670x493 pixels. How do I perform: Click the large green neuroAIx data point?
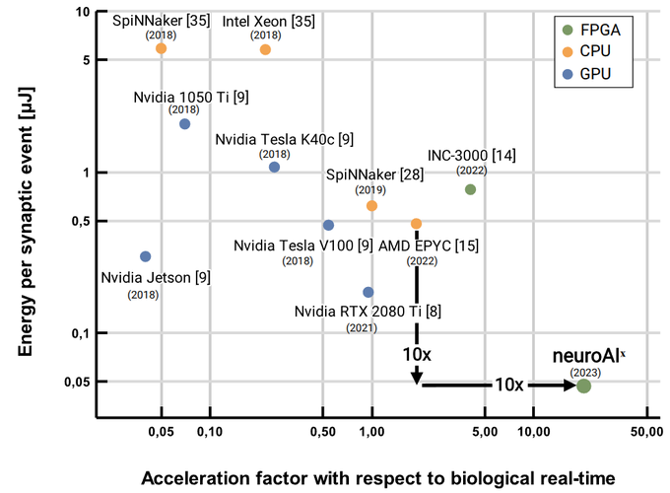point(583,386)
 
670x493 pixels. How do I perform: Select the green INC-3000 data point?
point(470,189)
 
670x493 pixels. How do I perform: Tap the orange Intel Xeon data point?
point(265,49)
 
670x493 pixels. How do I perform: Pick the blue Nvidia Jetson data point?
point(146,256)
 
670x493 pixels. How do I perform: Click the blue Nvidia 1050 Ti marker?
point(184,124)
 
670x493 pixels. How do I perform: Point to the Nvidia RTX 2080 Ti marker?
point(368,292)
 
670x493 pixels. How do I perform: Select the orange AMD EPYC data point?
point(416,224)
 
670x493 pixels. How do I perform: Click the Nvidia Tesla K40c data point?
point(274,167)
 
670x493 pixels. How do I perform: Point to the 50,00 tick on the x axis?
point(644,431)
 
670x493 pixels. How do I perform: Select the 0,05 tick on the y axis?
point(77,382)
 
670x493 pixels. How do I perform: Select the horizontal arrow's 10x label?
point(508,385)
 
